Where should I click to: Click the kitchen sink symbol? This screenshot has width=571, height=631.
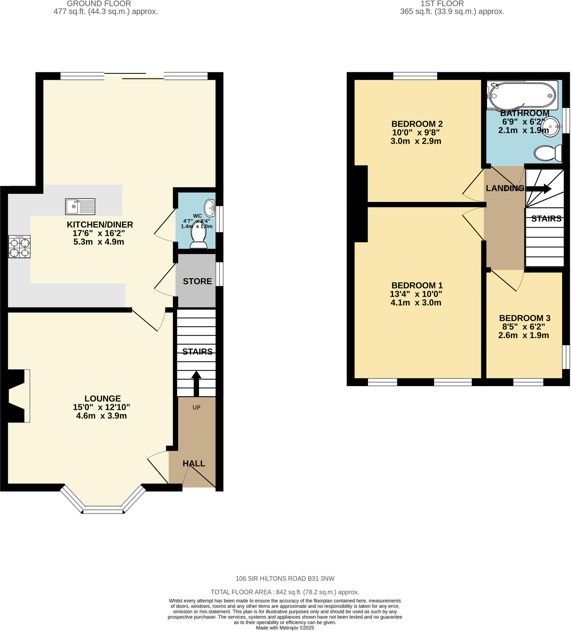(80, 206)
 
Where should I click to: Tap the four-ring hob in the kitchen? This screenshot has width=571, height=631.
(19, 247)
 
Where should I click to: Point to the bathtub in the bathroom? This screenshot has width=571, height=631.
(522, 95)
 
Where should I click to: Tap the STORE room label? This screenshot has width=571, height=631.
(197, 281)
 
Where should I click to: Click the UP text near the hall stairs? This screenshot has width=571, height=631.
(196, 408)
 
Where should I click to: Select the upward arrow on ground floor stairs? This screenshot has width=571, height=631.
(196, 384)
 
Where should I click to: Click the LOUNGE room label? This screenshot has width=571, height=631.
(102, 398)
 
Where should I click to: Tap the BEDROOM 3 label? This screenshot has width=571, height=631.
(525, 318)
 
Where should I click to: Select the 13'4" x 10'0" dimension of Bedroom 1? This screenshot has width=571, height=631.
(416, 294)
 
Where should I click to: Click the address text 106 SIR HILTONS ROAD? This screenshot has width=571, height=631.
(285, 579)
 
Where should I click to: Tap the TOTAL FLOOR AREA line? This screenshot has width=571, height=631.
(285, 592)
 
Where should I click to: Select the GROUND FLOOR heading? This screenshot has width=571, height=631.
(99, 4)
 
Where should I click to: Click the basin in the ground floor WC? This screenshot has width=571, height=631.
(210, 208)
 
